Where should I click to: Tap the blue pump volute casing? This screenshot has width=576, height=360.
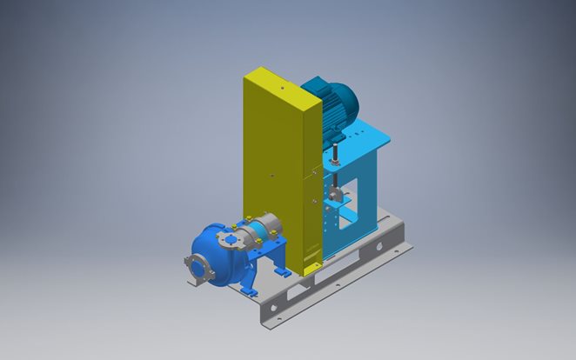pyautogui.click(x=213, y=252)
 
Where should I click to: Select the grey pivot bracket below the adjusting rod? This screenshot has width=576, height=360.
pyautogui.click(x=338, y=198)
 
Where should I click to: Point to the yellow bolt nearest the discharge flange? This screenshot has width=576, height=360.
pyautogui.click(x=246, y=217)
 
